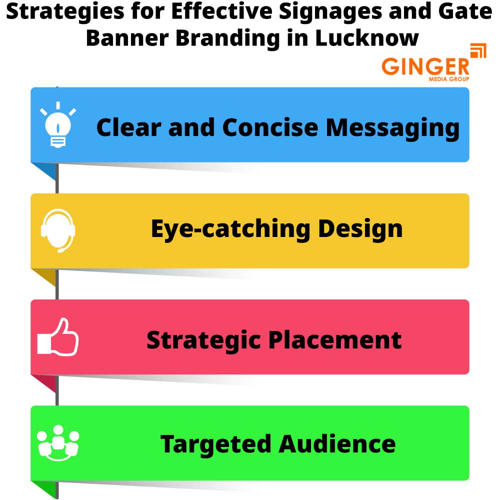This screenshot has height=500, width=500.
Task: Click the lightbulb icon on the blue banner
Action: [58, 125]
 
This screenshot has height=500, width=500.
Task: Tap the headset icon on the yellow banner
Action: [58, 230]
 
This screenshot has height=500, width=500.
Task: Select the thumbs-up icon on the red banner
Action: [58, 337]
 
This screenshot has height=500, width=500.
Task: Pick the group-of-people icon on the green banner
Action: [58, 443]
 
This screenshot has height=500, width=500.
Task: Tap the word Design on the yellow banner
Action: [360, 229]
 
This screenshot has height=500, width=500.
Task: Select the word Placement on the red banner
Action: [335, 339]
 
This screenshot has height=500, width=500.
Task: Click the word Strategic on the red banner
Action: [204, 339]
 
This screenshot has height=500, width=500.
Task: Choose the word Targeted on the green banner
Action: [216, 444]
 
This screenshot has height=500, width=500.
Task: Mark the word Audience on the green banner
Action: [337, 444]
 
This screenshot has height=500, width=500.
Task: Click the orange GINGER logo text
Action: [425, 66]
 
